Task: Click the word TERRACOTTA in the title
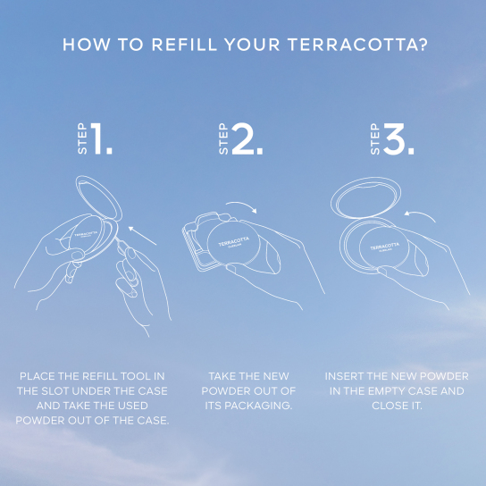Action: tap(351, 44)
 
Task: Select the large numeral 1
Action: tap(102, 140)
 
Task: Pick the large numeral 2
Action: tap(247, 140)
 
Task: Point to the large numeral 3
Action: tap(399, 140)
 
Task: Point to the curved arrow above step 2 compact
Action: tap(242, 207)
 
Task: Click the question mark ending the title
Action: tap(421, 44)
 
